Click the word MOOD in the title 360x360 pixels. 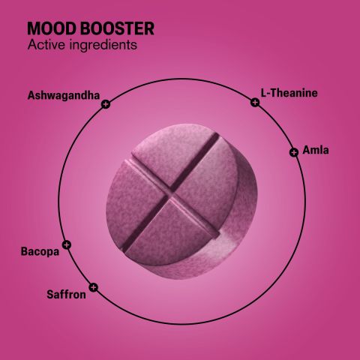[x=49, y=29]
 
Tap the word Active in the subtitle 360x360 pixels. [x=45, y=46]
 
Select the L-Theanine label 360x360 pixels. [x=289, y=93]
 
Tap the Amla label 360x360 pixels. [x=316, y=151]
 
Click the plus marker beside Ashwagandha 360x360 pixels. [x=105, y=105]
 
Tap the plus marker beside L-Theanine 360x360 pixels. [x=255, y=102]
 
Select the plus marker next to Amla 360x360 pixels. [x=293, y=152]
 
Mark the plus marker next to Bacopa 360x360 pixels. [x=67, y=244]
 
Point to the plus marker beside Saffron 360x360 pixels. [x=93, y=286]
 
